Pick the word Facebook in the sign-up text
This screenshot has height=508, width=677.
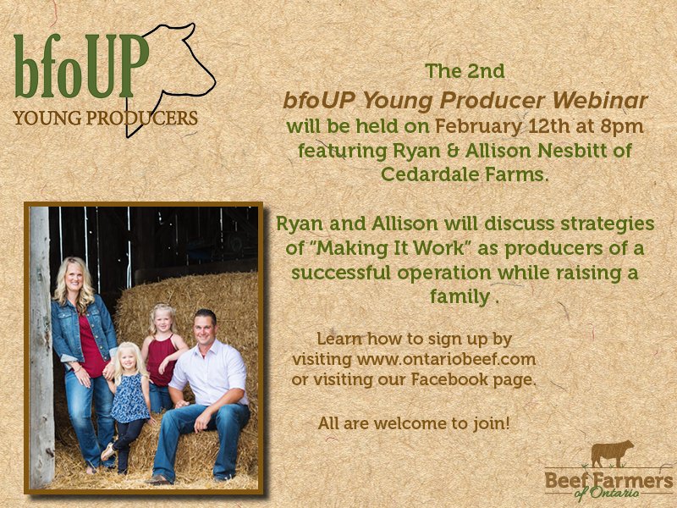click(x=449, y=379)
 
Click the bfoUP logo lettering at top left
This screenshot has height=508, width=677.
click(x=80, y=66)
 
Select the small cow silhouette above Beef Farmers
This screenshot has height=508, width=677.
click(x=612, y=455)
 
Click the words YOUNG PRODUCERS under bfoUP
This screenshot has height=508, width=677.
click(x=106, y=117)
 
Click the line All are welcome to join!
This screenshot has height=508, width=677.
click(x=414, y=422)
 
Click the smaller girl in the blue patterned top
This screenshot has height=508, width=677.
click(x=129, y=398)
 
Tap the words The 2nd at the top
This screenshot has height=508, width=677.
click(x=465, y=71)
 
